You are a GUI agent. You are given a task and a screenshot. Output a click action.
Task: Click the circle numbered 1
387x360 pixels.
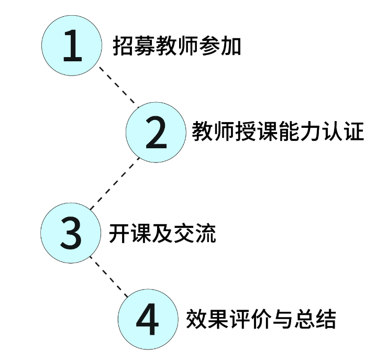coord(72,46)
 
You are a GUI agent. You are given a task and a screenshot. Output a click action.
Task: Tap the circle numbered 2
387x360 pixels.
coord(156,132)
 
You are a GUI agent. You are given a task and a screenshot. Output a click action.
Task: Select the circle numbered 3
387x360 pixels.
coord(71,233)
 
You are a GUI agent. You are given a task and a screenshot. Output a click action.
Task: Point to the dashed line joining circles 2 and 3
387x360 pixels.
coord(115,182)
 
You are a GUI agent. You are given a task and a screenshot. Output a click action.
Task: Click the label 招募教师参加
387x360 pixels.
coord(177,46)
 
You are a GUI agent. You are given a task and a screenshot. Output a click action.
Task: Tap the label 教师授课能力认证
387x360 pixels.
coord(278,132)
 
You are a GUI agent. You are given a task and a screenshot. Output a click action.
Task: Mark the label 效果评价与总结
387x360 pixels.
coord(261,319)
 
